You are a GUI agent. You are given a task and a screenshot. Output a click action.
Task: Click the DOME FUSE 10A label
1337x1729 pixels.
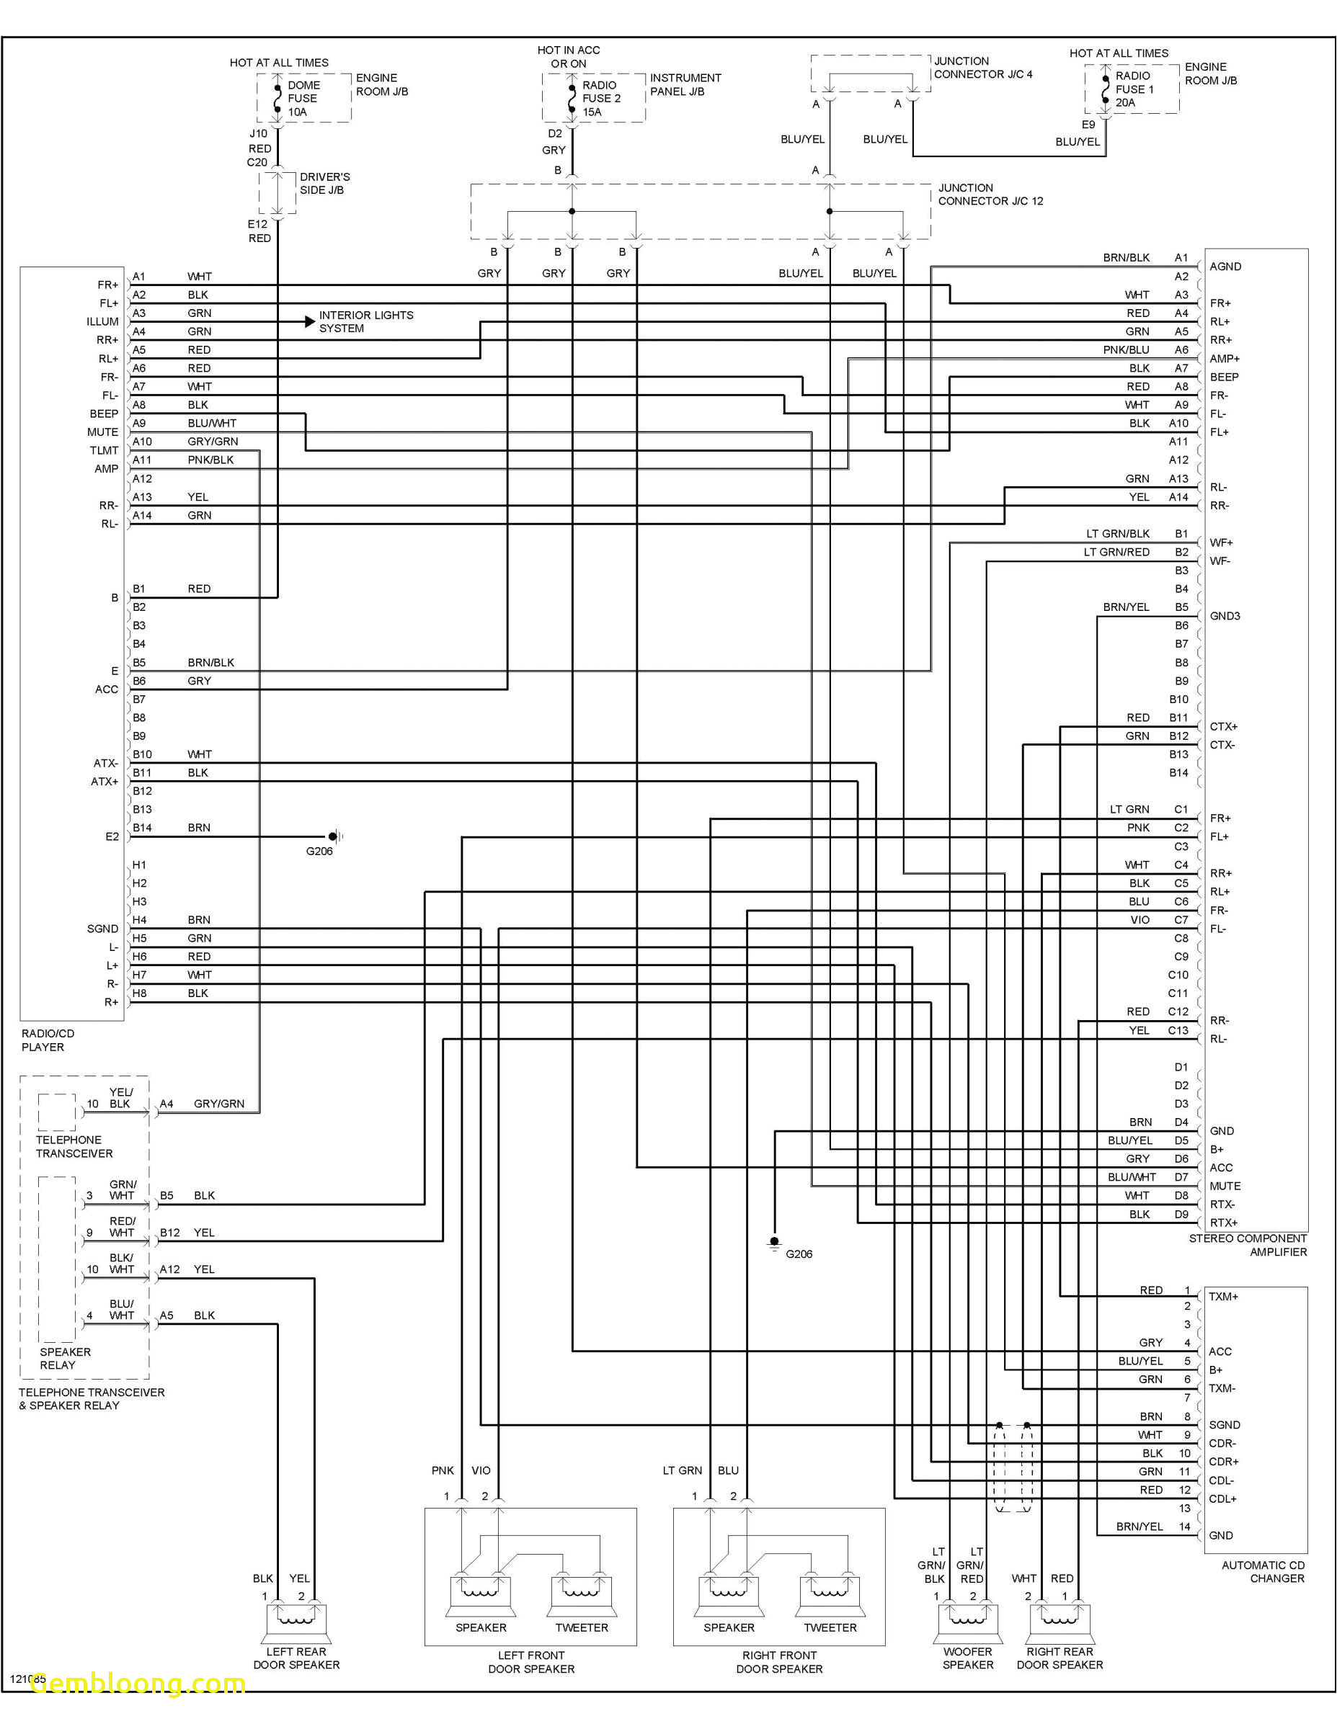point(303,98)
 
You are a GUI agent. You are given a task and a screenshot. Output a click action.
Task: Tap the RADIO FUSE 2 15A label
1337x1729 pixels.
point(601,98)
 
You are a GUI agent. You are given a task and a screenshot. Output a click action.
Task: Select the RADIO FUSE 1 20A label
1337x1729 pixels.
point(1134,89)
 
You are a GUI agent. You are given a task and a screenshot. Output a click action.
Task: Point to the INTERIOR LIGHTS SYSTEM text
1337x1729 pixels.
point(366,321)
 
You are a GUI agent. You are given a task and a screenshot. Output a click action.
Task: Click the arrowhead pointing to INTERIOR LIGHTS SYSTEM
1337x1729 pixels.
point(310,321)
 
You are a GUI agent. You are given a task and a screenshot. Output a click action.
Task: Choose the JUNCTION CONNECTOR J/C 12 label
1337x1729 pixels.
point(990,195)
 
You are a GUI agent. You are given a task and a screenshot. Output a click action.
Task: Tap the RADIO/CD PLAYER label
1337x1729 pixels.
point(48,1040)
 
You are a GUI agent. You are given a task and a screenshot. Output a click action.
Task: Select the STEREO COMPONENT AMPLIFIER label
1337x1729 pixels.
point(1248,1246)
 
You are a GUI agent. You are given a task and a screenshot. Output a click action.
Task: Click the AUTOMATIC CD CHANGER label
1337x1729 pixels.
point(1263,1571)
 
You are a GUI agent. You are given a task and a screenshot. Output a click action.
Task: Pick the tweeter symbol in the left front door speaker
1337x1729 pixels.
point(582,1596)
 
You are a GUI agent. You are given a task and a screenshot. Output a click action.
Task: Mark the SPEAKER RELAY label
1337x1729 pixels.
point(65,1359)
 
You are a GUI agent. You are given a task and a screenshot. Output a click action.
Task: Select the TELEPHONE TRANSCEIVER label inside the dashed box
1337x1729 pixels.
point(74,1146)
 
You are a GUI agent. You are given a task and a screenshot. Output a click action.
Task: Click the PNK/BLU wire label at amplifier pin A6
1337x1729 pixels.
point(1126,350)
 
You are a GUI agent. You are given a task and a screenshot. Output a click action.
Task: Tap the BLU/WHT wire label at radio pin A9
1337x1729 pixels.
point(211,424)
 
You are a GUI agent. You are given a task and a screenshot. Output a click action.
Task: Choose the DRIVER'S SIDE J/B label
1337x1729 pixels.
point(325,183)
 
